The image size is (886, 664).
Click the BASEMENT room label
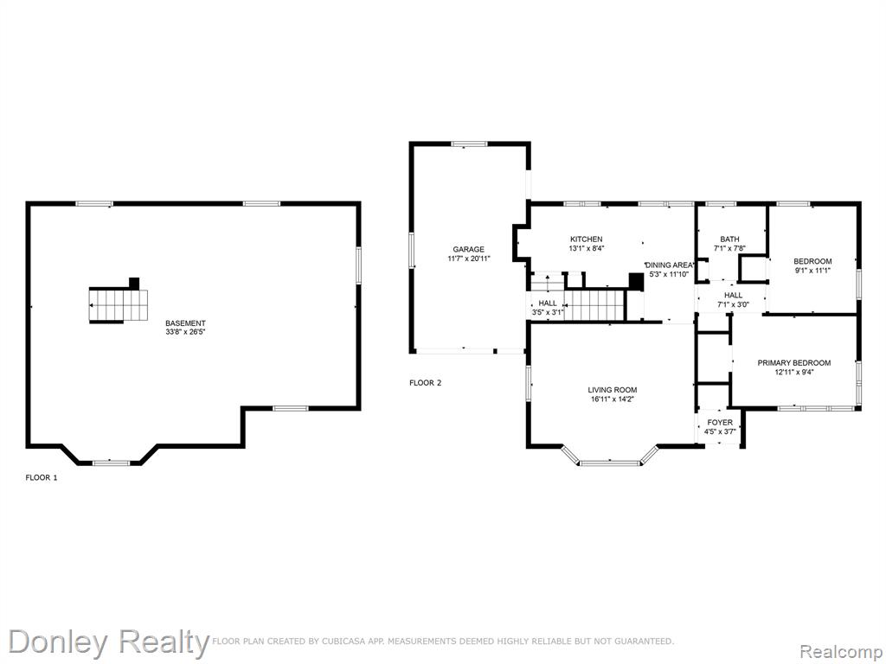tap(185, 323)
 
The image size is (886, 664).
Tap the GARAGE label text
tap(468, 250)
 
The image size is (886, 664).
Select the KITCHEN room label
tap(586, 239)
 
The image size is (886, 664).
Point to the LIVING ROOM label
tap(613, 390)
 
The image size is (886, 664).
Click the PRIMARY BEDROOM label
tap(794, 363)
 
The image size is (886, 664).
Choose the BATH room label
tap(729, 239)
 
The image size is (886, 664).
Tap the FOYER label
tap(720, 422)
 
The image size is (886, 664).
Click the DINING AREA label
tap(669, 265)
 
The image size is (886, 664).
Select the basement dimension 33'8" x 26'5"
tap(185, 332)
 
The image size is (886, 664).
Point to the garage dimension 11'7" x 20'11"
tap(468, 259)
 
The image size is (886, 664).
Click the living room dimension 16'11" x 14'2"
tap(613, 399)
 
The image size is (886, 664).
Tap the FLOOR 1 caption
tap(42, 477)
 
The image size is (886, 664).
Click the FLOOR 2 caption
tap(426, 383)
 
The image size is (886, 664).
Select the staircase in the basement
tap(118, 305)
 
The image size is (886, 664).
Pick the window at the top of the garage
tap(469, 144)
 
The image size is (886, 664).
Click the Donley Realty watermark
tap(108, 643)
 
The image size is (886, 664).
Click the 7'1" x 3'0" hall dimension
tap(734, 304)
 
